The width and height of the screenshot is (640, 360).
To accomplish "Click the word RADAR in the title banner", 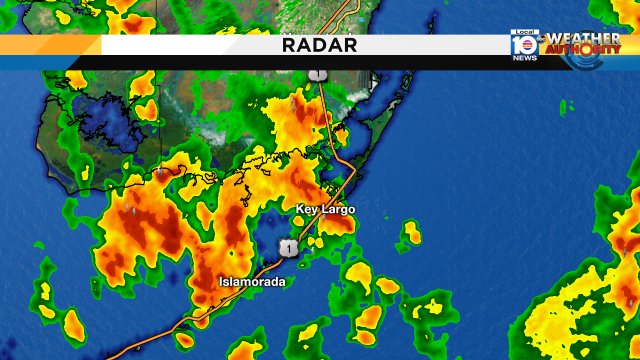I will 320,46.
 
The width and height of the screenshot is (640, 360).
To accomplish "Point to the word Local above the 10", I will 523,35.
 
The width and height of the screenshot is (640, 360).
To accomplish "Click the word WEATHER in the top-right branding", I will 583,37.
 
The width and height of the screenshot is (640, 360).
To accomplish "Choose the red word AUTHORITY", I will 583,49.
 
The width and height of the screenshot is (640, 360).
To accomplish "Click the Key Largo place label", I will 326,209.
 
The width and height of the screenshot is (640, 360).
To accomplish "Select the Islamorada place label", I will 252,282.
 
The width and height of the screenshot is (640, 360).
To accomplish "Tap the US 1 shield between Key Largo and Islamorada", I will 288,247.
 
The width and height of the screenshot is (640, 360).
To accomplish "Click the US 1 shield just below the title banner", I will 317,75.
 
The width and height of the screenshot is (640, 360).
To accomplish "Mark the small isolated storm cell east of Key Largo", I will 410,235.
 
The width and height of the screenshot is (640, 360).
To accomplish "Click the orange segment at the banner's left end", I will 50,46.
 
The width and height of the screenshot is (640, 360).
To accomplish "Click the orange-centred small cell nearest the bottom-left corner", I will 72,322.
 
